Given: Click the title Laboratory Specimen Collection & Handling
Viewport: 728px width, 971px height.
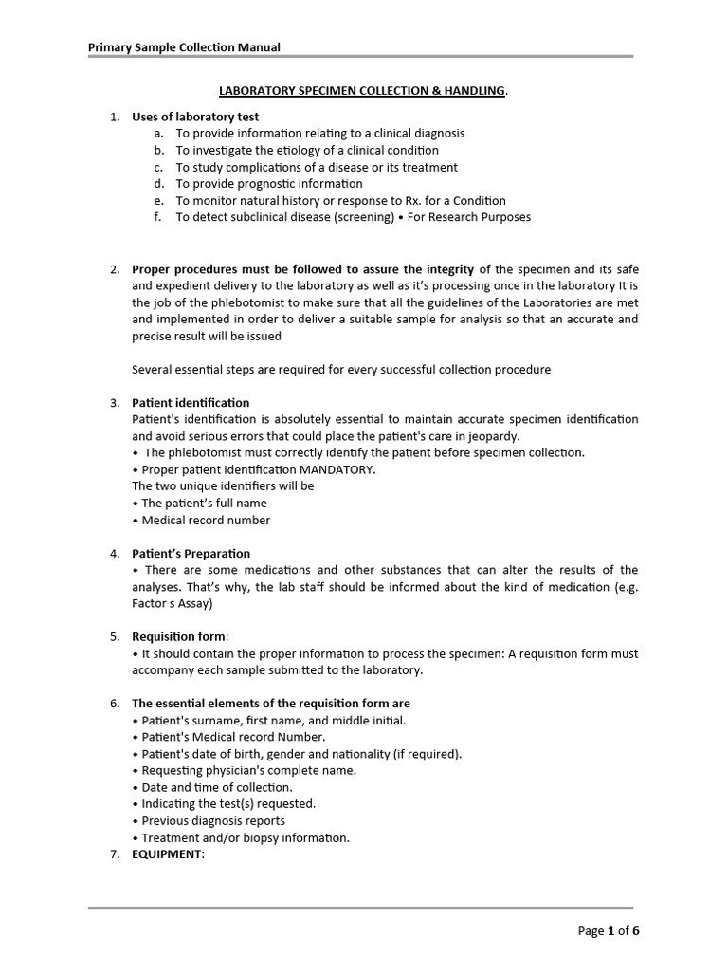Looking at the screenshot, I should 363,91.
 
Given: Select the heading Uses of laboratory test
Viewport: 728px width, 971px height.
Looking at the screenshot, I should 195,117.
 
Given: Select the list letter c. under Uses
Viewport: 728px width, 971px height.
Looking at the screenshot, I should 159,167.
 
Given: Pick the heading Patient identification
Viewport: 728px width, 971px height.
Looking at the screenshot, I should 191,403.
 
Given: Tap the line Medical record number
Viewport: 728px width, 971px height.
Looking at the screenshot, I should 206,520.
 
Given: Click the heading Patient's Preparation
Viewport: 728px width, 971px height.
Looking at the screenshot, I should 191,553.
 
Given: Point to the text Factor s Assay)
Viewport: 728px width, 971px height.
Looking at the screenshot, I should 173,603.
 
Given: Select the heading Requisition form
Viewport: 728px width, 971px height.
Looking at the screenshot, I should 179,637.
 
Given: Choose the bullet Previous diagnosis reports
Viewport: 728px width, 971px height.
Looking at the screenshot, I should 213,820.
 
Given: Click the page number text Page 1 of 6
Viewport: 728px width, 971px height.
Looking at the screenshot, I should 609,930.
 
